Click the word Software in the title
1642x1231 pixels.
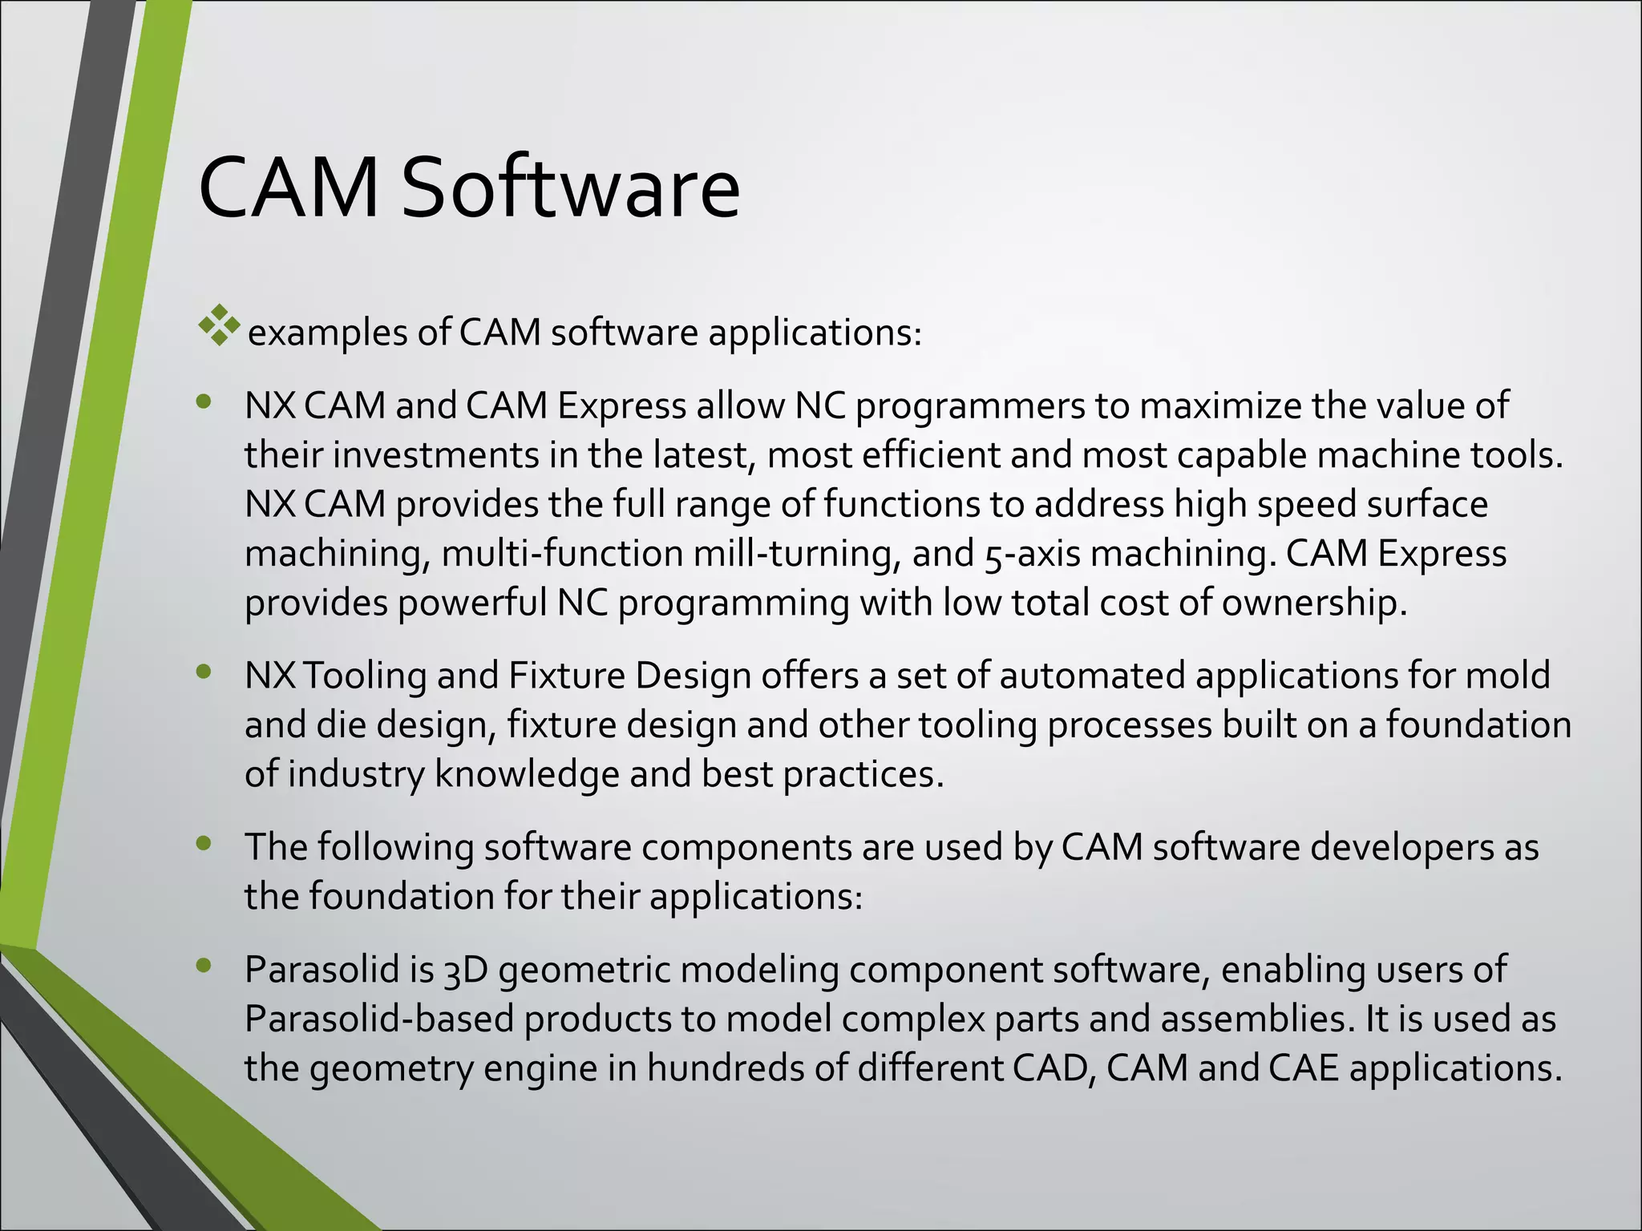[569, 188]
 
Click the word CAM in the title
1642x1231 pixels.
[289, 188]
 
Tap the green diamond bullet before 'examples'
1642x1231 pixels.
[220, 325]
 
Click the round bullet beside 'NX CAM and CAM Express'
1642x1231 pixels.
[204, 402]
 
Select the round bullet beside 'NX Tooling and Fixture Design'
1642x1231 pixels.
[204, 672]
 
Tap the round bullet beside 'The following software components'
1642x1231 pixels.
[204, 843]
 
